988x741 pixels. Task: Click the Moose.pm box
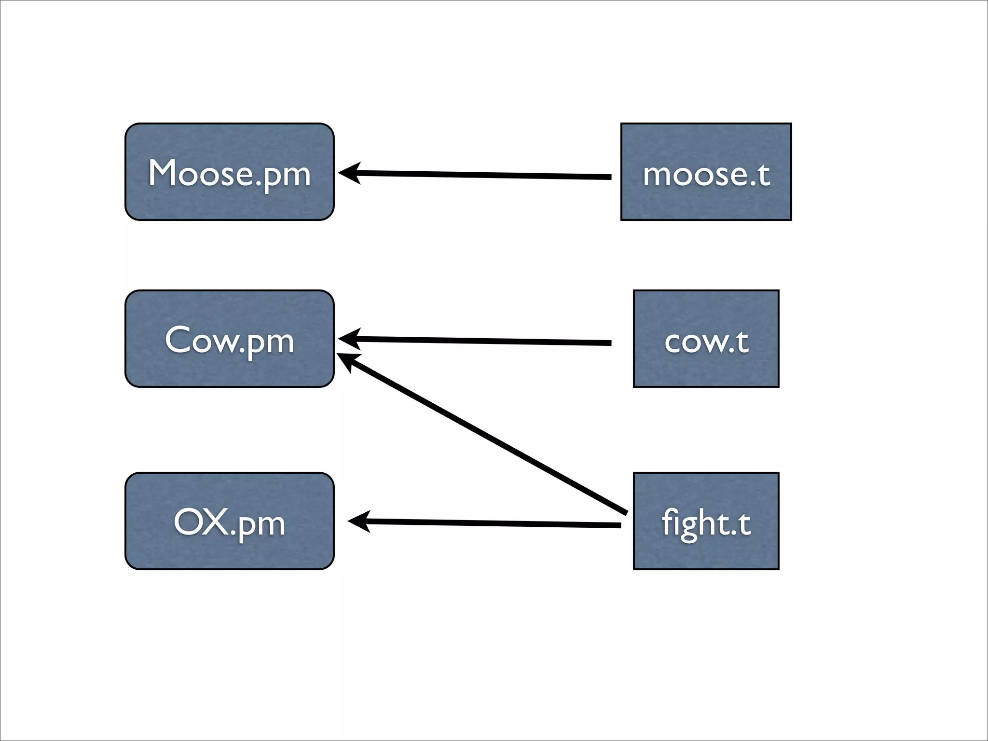(229, 172)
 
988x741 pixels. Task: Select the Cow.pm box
(229, 339)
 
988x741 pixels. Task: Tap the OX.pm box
(229, 521)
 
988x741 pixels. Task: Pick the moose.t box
(706, 172)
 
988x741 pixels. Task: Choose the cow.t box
(706, 339)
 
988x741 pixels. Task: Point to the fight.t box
(706, 521)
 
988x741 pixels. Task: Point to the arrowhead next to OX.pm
(358, 521)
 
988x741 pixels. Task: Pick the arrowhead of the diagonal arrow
(346, 360)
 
